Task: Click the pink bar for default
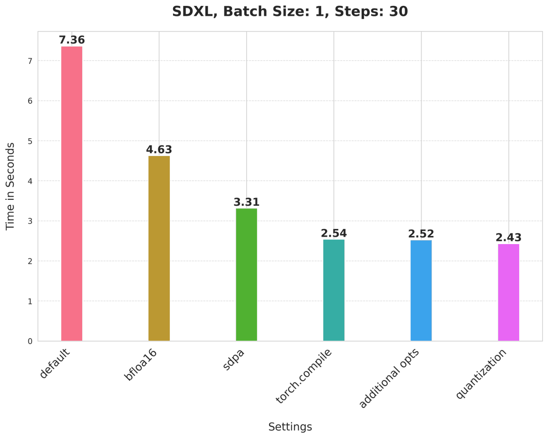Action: click(72, 193)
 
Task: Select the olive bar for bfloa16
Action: click(159, 248)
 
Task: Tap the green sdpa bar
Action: click(247, 275)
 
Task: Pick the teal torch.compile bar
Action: click(334, 290)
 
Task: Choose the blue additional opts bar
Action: click(421, 291)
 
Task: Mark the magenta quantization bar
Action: click(508, 292)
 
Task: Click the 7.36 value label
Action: click(72, 40)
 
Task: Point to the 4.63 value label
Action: click(159, 150)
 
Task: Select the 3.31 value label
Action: click(247, 202)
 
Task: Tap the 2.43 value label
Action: click(508, 238)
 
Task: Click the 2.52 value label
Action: click(421, 234)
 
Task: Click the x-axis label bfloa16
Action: click(141, 365)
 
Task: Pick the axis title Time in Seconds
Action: click(10, 186)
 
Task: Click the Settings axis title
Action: click(290, 427)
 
